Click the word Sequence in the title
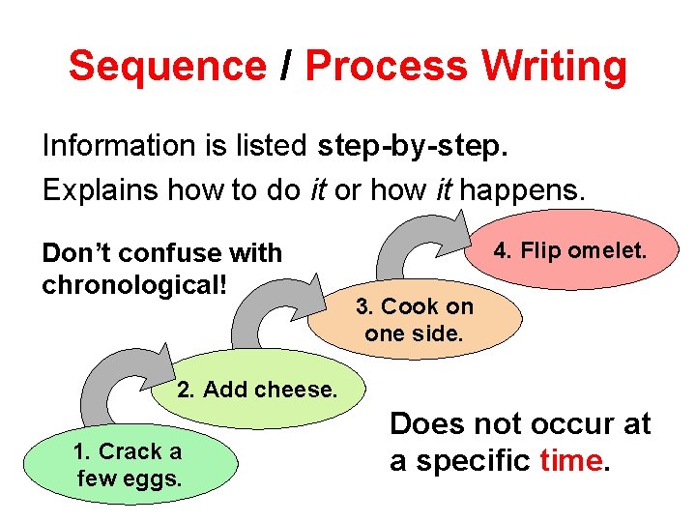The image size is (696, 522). coord(166,67)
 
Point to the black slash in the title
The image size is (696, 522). coord(285,67)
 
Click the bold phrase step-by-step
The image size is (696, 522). coord(413,147)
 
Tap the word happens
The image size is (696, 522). coord(523,189)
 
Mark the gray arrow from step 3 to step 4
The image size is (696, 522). coord(401,247)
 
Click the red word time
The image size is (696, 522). coord(570,461)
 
